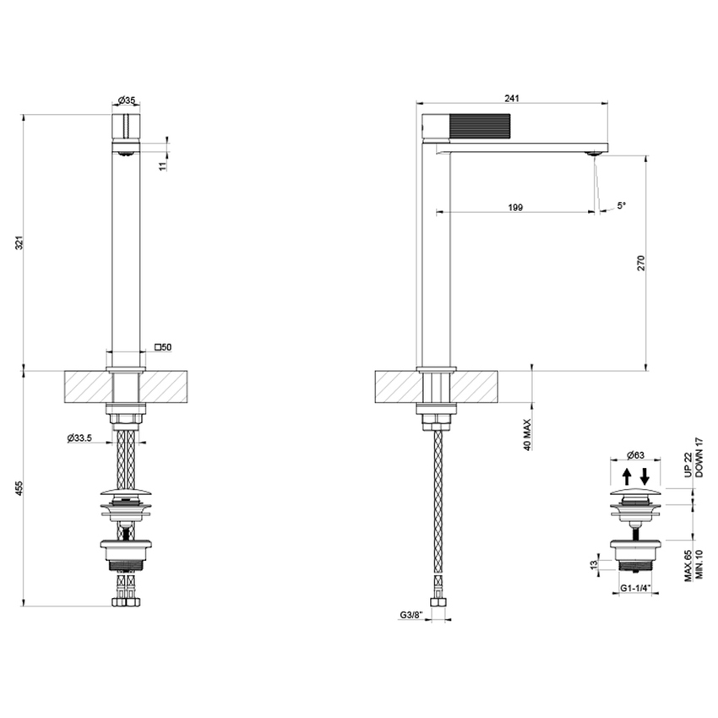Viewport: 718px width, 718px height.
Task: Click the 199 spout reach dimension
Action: point(516,206)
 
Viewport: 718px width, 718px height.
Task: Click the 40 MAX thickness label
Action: point(528,432)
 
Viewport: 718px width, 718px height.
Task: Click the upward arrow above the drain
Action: point(627,475)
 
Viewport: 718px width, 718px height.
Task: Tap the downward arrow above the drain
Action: point(645,475)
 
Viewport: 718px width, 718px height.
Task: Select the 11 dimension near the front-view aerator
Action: point(163,165)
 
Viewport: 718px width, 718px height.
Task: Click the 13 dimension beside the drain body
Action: point(596,563)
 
